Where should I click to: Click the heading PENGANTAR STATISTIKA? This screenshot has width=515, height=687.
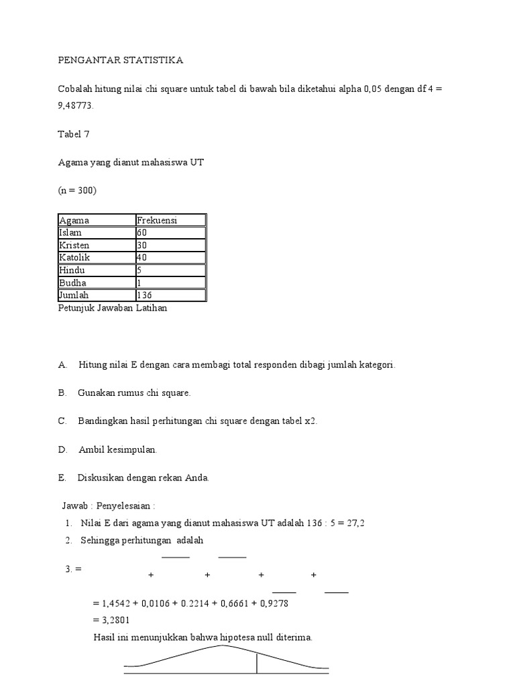click(x=120, y=60)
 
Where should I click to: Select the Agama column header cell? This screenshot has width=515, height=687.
click(x=74, y=220)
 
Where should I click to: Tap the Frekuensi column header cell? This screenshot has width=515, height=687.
click(x=157, y=220)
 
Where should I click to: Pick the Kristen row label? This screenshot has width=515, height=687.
click(x=74, y=245)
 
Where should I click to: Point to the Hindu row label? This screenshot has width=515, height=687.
click(x=72, y=270)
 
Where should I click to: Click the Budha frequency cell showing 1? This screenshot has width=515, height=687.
click(x=139, y=282)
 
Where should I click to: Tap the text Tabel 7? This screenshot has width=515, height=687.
click(x=74, y=134)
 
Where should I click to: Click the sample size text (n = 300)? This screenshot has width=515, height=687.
click(x=78, y=191)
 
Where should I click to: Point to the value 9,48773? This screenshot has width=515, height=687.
click(x=76, y=105)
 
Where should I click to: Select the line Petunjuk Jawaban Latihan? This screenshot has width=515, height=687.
click(x=113, y=308)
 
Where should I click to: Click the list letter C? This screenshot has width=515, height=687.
click(x=62, y=421)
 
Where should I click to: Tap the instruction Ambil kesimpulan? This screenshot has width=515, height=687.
click(x=118, y=450)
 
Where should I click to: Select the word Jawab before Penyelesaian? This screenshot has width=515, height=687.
click(x=74, y=505)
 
